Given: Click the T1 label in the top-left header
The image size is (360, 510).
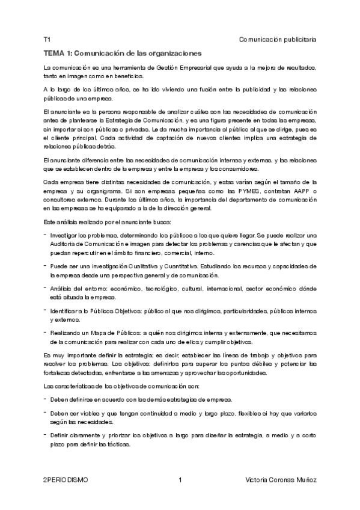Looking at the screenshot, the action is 47,40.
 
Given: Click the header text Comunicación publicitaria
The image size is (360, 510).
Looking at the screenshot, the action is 278,40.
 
